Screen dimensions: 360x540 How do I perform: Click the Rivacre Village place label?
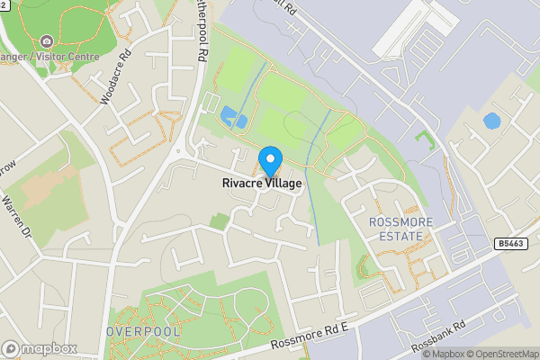pyautogui.click(x=262, y=183)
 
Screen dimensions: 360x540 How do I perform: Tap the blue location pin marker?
pyautogui.click(x=269, y=161)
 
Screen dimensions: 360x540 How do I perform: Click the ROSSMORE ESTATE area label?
pyautogui.click(x=400, y=229)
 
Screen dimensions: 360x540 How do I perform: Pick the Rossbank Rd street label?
pyautogui.click(x=437, y=338)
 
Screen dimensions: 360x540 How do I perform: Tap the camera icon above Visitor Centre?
pyautogui.click(x=46, y=40)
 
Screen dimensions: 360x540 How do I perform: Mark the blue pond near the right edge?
pyautogui.click(x=491, y=120)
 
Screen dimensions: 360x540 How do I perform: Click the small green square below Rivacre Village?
pyautogui.click(x=219, y=220)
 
